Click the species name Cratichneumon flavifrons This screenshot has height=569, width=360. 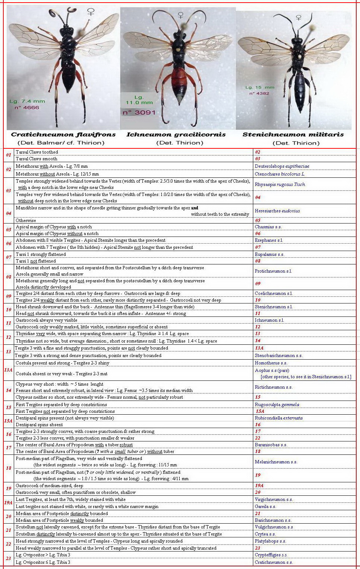click(63, 135)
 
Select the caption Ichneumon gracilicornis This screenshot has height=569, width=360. click(176, 135)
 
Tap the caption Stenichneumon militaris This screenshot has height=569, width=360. click(293, 135)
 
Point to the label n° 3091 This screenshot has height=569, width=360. click(139, 112)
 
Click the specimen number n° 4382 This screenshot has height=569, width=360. click(259, 93)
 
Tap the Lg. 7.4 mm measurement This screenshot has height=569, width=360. click(27, 101)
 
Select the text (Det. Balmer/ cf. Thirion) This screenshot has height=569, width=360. click(61, 143)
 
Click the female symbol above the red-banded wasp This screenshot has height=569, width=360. click(181, 15)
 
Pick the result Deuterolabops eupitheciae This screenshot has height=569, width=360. click(282, 166)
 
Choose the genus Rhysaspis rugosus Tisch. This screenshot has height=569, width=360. click(280, 184)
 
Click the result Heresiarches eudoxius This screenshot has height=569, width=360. click(277, 211)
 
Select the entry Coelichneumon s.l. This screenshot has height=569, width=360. click(274, 293)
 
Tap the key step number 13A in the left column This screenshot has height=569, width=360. click(8, 370)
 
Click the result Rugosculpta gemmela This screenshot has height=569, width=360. click(277, 405)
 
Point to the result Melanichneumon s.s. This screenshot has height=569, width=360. click(276, 462)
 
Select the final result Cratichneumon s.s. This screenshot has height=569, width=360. click(274, 562)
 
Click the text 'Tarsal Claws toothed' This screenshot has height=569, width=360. click(37, 152)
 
